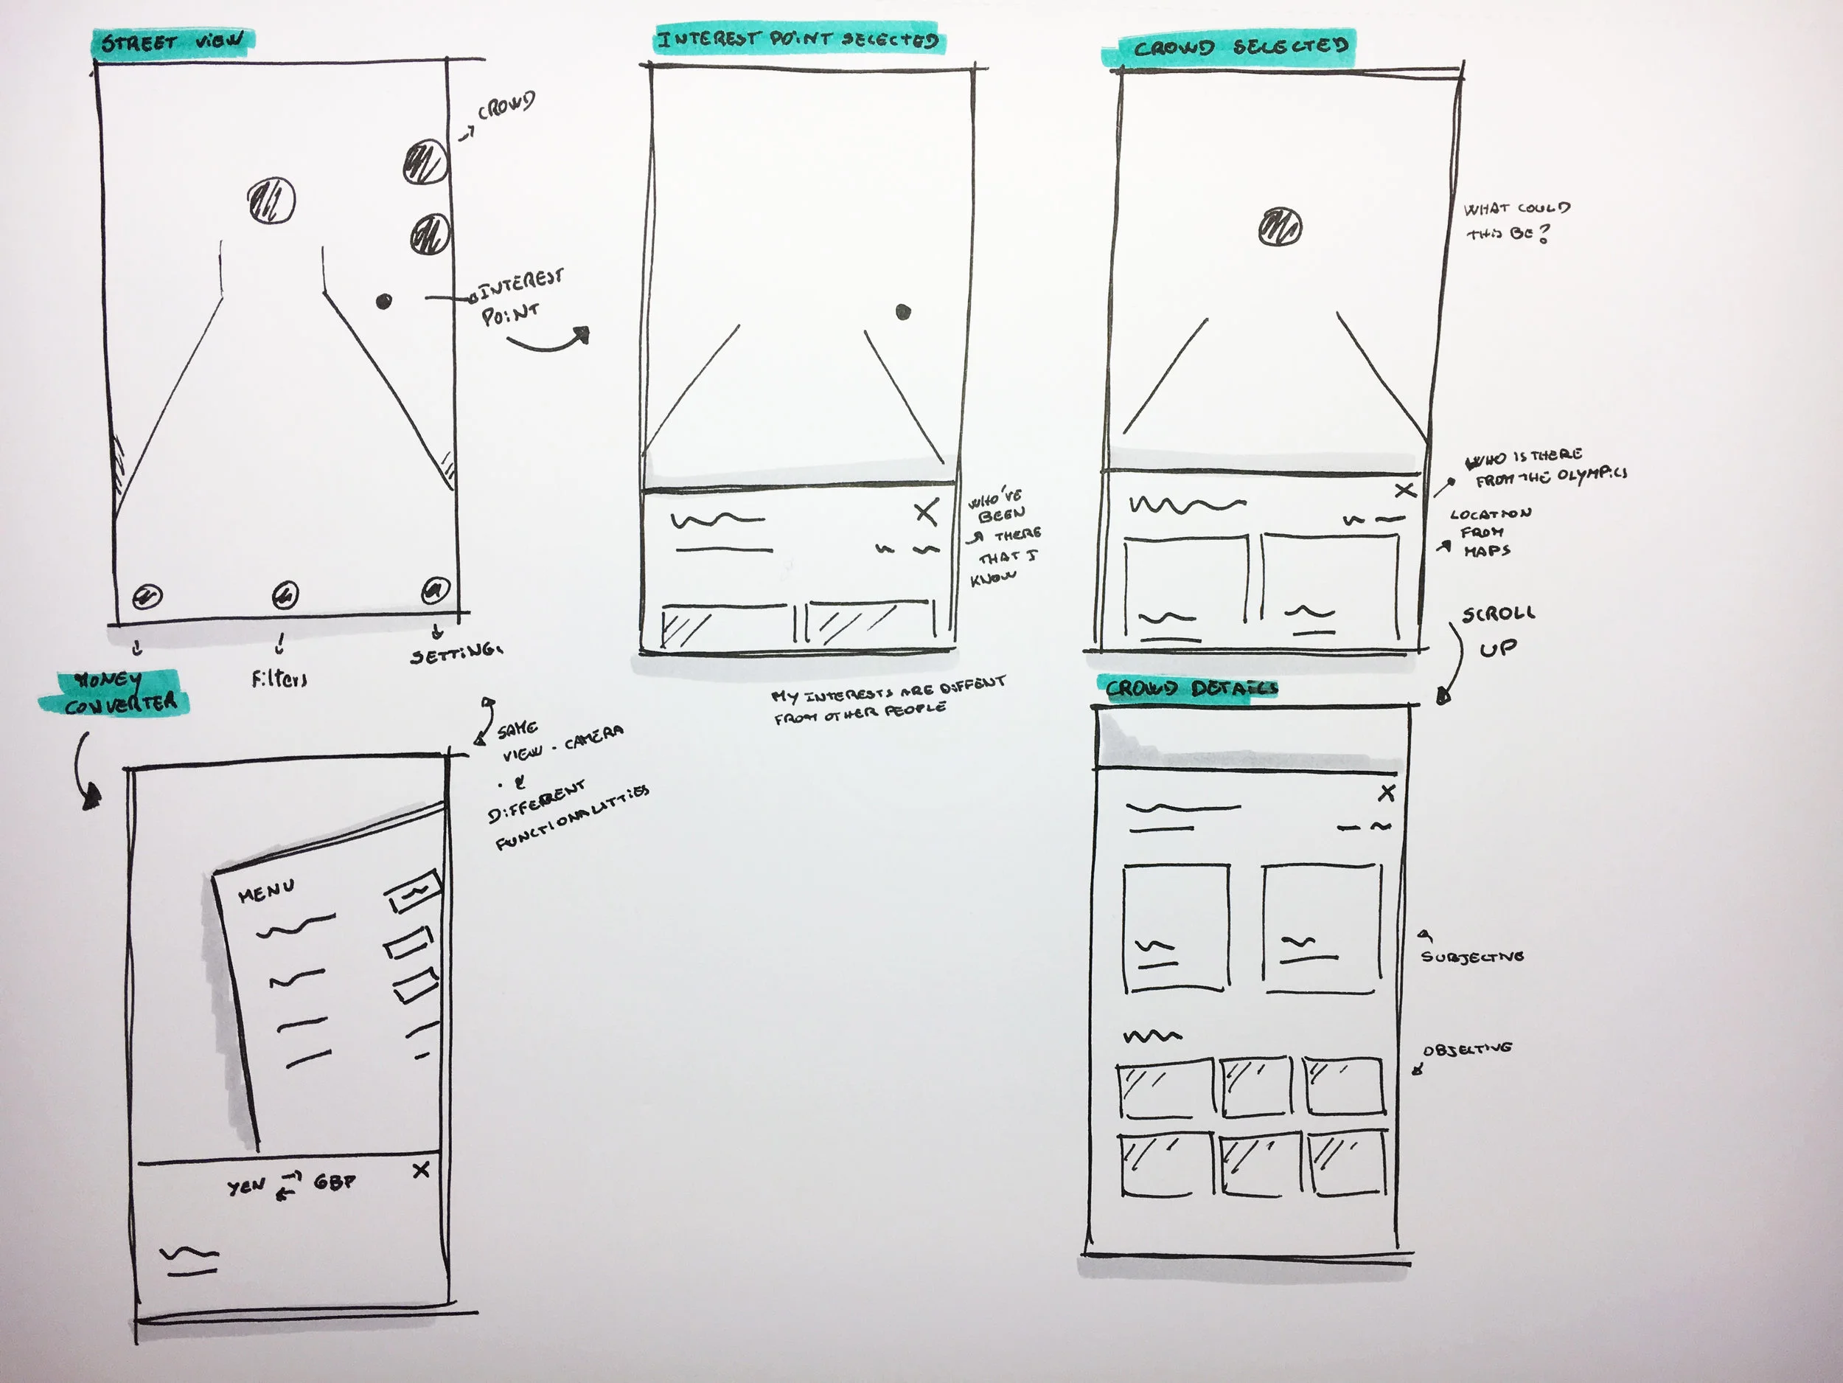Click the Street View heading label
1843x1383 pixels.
[x=173, y=42]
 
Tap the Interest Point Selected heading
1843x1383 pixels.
[x=798, y=39]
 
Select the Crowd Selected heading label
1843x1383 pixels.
[x=1239, y=46]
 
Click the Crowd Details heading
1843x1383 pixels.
[x=1191, y=689]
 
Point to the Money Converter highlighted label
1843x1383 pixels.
[x=116, y=693]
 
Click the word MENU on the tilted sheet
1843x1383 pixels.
[x=266, y=891]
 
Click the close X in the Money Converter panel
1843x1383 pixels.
[x=422, y=1171]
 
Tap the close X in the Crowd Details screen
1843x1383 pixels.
[x=1387, y=793]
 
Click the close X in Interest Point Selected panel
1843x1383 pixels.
[x=927, y=512]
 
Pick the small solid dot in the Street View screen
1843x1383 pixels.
[x=383, y=301]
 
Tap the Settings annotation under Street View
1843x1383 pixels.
[x=456, y=654]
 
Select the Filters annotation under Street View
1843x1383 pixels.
[x=279, y=679]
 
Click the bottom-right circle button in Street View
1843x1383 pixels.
[x=434, y=590]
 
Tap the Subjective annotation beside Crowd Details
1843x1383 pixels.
[x=1471, y=957]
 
